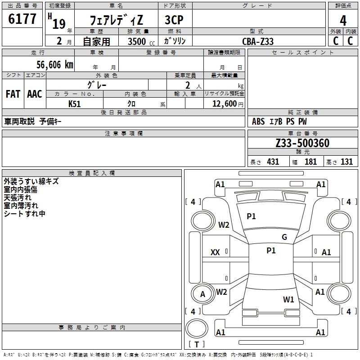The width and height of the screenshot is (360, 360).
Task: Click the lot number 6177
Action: click(x=22, y=19)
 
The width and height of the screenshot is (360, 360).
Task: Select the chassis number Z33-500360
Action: click(x=302, y=143)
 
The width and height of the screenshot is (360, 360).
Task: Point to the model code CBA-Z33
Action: click(x=258, y=41)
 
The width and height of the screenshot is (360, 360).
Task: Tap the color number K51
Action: click(x=74, y=103)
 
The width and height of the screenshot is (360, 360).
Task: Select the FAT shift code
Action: click(x=13, y=94)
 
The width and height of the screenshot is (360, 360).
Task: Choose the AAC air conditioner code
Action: click(x=35, y=94)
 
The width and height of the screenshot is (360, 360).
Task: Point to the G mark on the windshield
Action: click(x=284, y=237)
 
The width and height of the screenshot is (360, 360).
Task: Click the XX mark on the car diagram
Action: click(x=215, y=252)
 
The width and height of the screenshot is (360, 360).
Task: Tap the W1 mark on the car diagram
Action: click(x=288, y=299)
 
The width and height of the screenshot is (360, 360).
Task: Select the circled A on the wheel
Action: click(x=202, y=294)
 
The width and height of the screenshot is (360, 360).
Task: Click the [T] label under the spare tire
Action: click(x=197, y=345)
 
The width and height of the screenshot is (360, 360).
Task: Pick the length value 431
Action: click(x=273, y=162)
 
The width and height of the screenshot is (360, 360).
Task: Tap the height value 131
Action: click(x=346, y=162)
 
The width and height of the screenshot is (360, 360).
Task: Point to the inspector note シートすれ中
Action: click(x=24, y=214)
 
